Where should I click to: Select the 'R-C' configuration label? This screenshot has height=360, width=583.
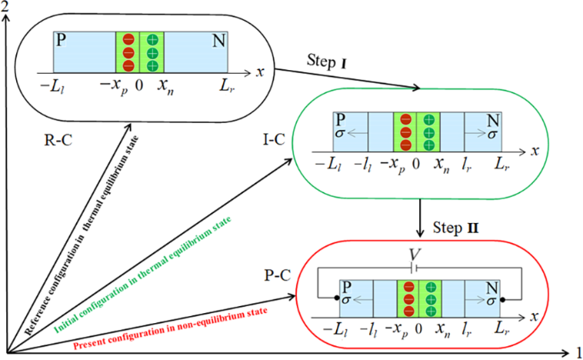click(59, 141)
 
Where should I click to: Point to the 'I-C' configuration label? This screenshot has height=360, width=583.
click(273, 140)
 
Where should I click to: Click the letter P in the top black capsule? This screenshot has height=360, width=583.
click(60, 39)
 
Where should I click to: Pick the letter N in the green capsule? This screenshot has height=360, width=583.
click(491, 119)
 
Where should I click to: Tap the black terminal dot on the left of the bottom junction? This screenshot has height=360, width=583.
click(338, 298)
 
